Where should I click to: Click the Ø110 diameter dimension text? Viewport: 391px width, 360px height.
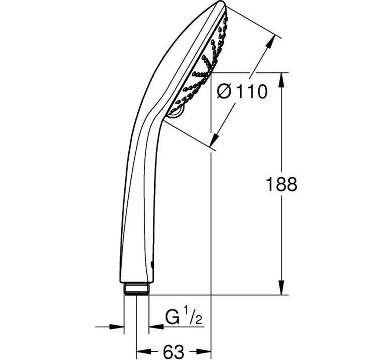[x=243, y=92]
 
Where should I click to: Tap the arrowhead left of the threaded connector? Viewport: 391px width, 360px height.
[x=118, y=326]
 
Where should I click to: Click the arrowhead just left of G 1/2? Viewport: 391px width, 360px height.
[x=154, y=326]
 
